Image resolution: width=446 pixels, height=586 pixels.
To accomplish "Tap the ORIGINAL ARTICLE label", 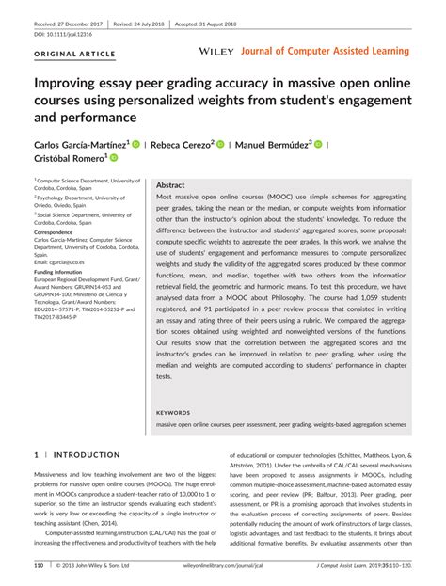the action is tap(72, 54).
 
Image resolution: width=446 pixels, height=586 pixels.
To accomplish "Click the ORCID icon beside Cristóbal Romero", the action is tap(116, 159).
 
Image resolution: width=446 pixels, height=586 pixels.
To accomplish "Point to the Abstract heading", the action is tap(170, 185).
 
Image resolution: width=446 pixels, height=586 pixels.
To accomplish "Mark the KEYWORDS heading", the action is tap(172, 412).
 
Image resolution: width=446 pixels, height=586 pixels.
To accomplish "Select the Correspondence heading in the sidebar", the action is tap(59, 231).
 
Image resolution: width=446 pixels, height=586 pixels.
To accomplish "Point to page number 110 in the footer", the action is tap(40, 566).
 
